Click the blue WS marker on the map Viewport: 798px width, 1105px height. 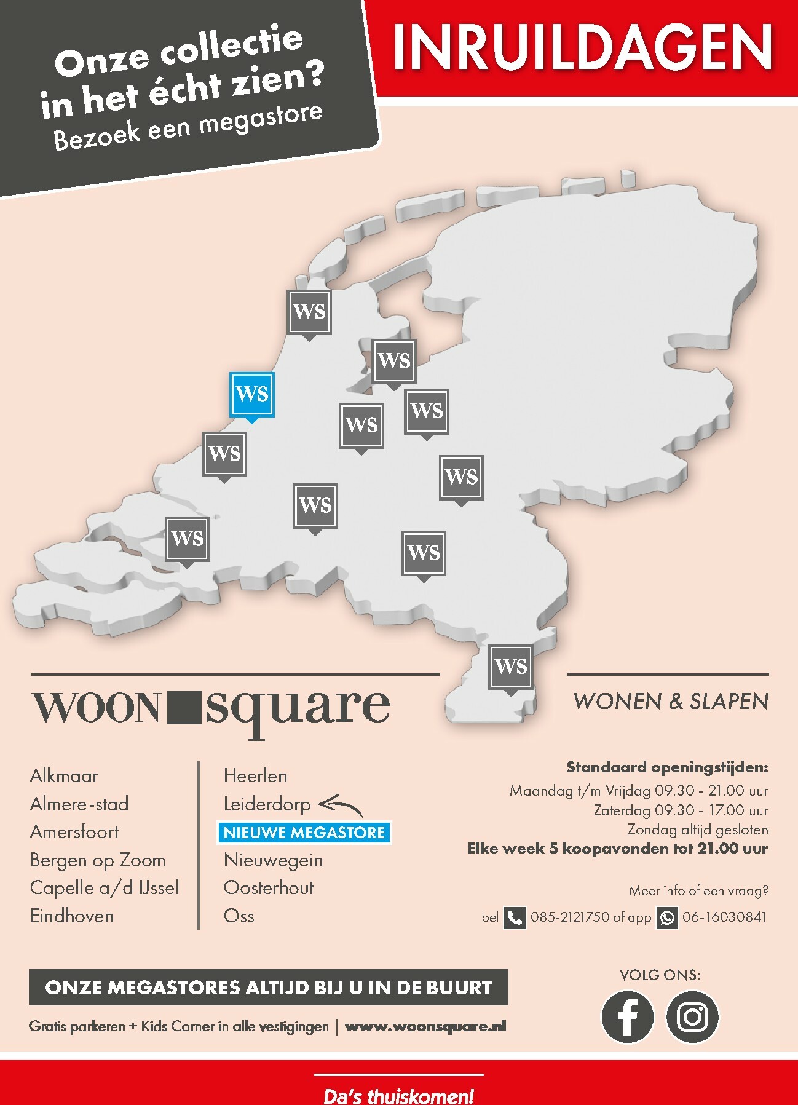tap(251, 394)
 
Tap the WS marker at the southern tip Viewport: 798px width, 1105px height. tap(511, 667)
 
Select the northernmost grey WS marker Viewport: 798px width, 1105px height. tap(309, 312)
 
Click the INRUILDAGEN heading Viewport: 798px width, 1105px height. tap(582, 49)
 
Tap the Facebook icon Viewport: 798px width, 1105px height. tap(627, 1016)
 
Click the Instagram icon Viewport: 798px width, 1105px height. tap(692, 1016)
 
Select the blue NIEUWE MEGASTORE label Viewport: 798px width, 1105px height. tap(304, 833)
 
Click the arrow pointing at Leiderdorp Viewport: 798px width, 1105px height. tap(341, 804)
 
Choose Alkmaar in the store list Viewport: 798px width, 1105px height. tap(65, 776)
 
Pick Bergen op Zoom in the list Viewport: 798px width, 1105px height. tap(98, 860)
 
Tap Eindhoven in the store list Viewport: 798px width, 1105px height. tap(72, 916)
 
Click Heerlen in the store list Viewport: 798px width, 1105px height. tap(255, 776)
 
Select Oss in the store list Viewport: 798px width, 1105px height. tap(239, 916)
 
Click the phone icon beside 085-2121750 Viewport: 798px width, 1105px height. tap(515, 917)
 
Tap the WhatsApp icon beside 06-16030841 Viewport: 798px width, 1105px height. tap(667, 917)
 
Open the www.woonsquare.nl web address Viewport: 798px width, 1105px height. tap(425, 1026)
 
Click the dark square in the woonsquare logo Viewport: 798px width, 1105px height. tap(183, 707)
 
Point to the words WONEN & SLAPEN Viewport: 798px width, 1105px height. tap(671, 702)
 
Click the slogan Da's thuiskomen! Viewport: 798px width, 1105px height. tap(398, 1095)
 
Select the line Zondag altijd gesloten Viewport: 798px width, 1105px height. tap(697, 830)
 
